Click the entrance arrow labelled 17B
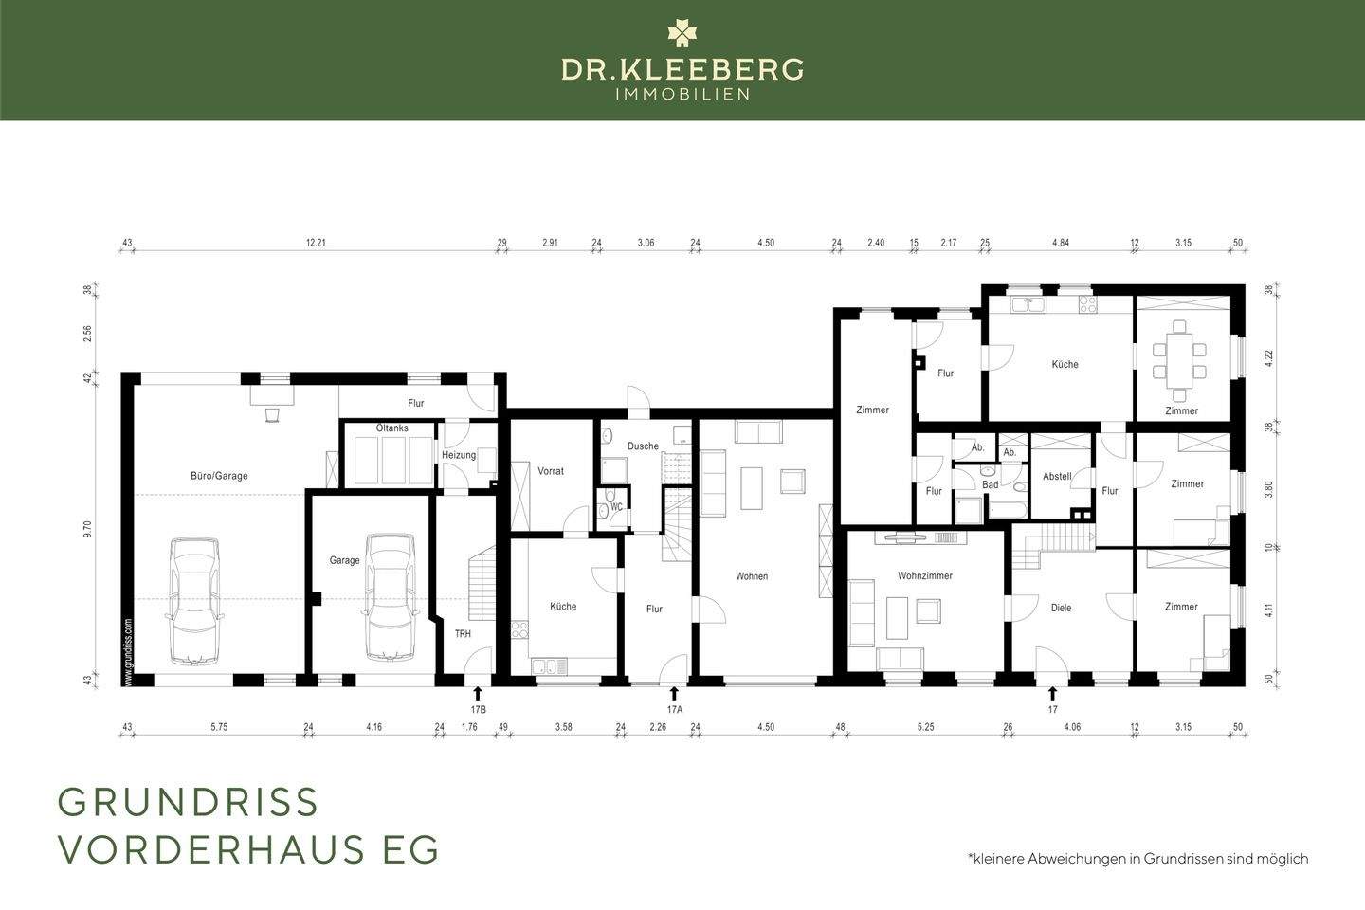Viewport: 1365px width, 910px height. [478, 693]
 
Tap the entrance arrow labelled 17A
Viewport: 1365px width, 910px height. [674, 693]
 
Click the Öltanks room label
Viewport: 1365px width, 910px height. [391, 428]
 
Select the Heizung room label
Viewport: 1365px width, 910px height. [459, 455]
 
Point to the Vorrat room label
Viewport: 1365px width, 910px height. [551, 471]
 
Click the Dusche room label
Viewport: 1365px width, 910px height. [643, 446]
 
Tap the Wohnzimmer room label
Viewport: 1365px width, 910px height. [925, 575]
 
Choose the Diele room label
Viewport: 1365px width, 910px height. [1061, 608]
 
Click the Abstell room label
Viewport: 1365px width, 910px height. [1057, 476]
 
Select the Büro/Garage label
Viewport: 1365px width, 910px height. [219, 476]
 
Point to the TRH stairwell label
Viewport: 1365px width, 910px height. [464, 634]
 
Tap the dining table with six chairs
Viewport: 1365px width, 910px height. [1180, 361]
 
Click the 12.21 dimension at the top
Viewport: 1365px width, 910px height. [316, 243]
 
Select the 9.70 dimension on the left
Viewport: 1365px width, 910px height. [87, 529]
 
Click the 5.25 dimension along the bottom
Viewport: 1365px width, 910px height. [925, 727]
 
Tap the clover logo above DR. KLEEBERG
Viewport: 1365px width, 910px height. [682, 32]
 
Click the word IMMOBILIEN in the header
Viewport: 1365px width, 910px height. [682, 95]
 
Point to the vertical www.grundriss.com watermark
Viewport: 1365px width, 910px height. [128, 653]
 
